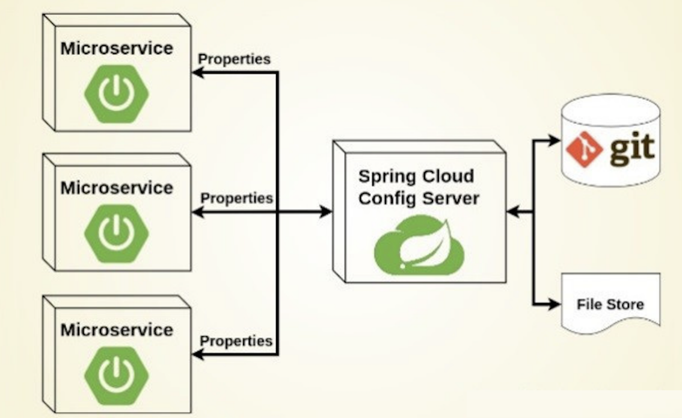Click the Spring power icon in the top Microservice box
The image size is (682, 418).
[113, 95]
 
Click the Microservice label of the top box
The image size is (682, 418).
[116, 48]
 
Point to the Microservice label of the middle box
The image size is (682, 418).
[116, 188]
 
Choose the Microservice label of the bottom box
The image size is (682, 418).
[116, 330]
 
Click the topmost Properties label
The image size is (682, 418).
[234, 59]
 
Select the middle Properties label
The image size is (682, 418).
[236, 198]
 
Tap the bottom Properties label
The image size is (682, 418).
[236, 341]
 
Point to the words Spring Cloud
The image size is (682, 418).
[416, 176]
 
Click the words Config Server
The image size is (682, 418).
[419, 198]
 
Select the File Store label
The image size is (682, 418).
[610, 304]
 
